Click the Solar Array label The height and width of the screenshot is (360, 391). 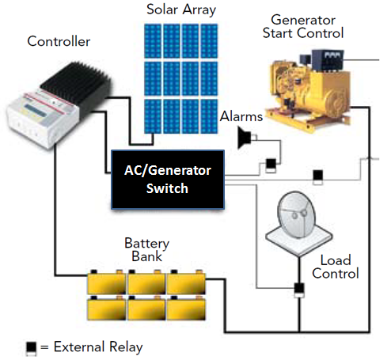181,9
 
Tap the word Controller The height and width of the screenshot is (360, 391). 59,41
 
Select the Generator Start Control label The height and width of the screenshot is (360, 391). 303,26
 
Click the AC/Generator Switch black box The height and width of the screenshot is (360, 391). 168,180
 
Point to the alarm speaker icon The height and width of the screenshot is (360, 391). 245,138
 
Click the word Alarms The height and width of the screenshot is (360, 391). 241,116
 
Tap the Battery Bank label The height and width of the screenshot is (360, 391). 146,249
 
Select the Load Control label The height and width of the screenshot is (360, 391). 336,267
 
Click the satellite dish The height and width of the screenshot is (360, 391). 298,223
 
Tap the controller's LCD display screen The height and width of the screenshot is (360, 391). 35,110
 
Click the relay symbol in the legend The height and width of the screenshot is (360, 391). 31,349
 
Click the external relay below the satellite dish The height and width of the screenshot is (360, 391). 299,290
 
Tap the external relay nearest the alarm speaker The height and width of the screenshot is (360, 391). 271,165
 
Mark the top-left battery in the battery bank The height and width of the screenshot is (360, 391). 107,282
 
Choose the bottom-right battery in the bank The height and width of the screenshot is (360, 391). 186,308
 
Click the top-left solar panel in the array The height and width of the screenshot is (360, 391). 153,41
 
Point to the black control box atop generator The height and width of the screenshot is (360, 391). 328,60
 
